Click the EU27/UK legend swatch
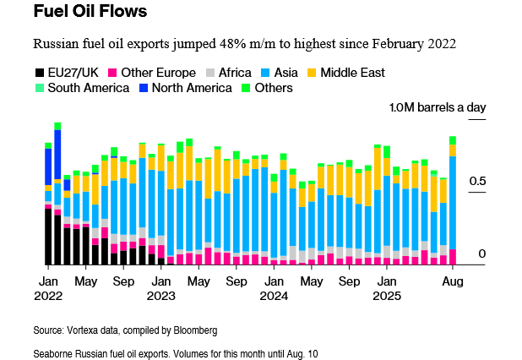coord(38,73)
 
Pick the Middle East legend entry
coord(349,73)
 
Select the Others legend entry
coord(269,88)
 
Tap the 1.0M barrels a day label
coord(438,107)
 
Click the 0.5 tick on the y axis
coord(477,181)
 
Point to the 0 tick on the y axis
coord(481,254)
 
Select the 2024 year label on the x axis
coord(274,297)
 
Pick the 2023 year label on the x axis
coord(160,297)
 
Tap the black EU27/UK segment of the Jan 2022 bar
coord(48,237)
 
